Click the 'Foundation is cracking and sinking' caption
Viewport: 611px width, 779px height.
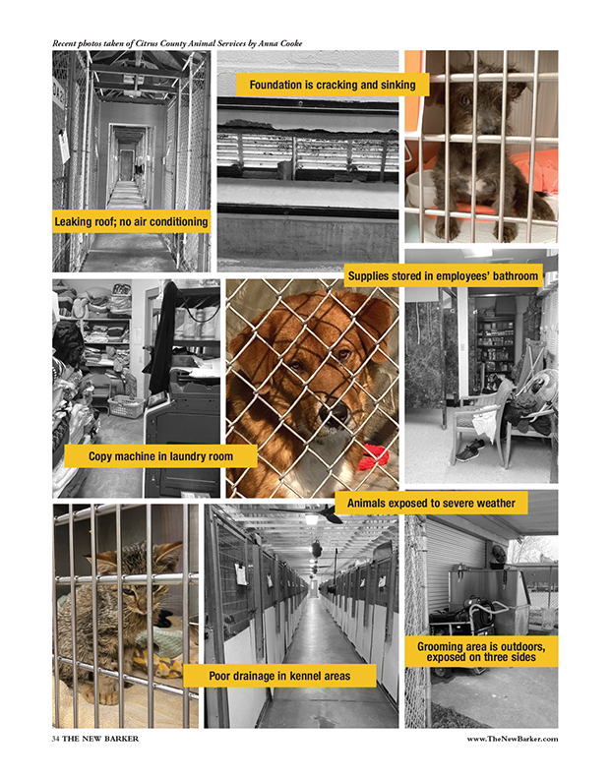[x=333, y=85]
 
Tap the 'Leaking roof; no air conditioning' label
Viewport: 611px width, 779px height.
[x=131, y=221]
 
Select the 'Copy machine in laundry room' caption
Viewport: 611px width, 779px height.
[x=160, y=456]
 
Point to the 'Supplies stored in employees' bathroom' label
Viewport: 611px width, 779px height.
[x=443, y=275]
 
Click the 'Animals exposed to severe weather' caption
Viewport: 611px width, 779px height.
[x=431, y=503]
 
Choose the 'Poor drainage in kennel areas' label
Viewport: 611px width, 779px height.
[x=279, y=676]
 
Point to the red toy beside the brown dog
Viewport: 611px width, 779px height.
[x=373, y=456]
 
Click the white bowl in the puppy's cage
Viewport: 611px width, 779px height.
[x=419, y=188]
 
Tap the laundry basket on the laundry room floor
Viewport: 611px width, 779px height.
[x=126, y=406]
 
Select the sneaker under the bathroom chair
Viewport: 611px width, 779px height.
[x=469, y=450]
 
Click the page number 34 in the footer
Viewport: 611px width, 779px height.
[x=56, y=739]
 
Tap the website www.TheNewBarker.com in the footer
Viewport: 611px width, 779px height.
[x=512, y=739]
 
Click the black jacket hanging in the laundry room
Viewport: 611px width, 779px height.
[x=163, y=337]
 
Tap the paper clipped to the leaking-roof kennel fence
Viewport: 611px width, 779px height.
[x=64, y=145]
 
